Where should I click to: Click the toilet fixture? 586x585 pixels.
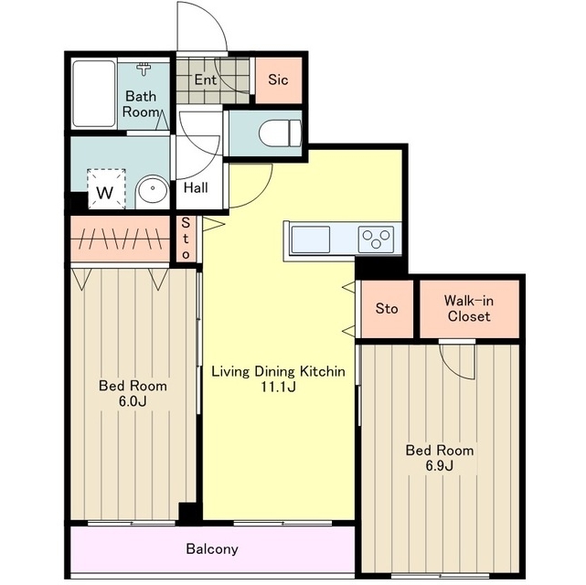[280, 133]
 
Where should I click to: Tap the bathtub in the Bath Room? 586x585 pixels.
[94, 94]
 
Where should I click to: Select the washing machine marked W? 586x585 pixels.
[106, 188]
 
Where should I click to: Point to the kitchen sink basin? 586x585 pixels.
[311, 239]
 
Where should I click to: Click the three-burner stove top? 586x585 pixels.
[376, 239]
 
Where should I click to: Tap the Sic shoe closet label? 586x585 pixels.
[278, 80]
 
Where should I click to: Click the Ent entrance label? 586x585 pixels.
[205, 80]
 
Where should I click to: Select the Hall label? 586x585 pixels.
[196, 187]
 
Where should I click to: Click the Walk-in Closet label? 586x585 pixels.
[469, 309]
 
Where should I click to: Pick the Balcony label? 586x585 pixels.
[212, 548]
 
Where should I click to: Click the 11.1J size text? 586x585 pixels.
[278, 387]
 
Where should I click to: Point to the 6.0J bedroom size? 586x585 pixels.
[133, 401]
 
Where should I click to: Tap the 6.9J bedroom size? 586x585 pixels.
[440, 466]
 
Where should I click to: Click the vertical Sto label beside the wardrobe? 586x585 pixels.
[186, 239]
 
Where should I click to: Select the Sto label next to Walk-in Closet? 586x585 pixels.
[387, 309]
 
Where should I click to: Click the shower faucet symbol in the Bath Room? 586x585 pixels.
[144, 69]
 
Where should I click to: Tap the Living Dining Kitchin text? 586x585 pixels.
[279, 371]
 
